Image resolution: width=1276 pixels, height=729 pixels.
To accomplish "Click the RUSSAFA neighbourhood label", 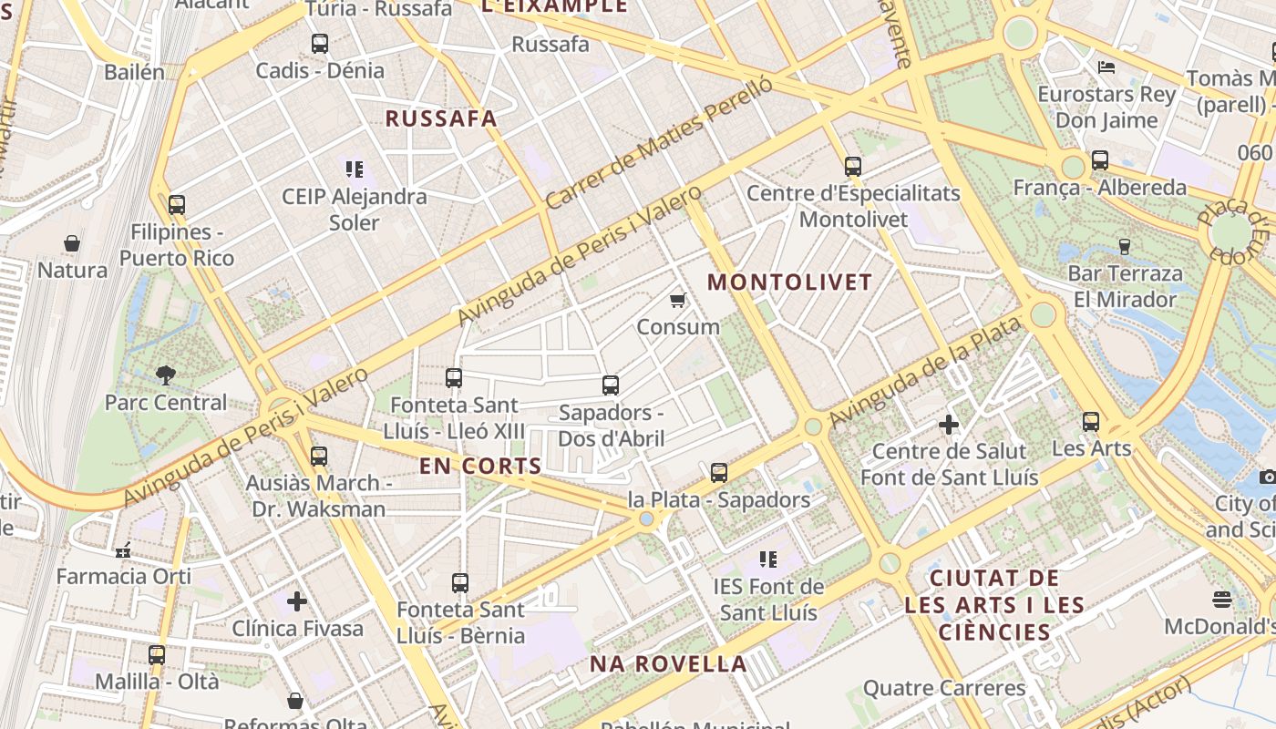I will point(441,118).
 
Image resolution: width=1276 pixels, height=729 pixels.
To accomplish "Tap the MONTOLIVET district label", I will point(790,282).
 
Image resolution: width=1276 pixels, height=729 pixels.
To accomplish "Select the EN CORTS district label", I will point(480,467).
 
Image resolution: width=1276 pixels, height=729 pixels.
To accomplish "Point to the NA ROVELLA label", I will point(668,663).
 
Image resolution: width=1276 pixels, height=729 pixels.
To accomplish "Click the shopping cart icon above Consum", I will point(677,300).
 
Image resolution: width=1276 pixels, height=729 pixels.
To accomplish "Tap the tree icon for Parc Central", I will point(165,374).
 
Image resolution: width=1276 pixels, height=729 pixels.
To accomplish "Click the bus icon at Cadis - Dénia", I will point(319,43).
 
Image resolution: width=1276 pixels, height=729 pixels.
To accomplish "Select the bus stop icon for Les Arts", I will point(1091,421).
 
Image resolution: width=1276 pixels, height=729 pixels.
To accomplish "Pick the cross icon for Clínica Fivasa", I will point(297,601).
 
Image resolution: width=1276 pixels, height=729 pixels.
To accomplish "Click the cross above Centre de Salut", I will point(949,425).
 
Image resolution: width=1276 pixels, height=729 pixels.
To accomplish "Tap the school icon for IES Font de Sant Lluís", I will point(768,559).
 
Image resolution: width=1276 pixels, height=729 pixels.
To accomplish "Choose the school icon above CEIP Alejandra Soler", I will point(355,169).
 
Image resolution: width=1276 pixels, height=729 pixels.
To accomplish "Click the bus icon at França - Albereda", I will point(1100,160).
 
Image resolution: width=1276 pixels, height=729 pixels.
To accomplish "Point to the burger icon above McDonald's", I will point(1222,599).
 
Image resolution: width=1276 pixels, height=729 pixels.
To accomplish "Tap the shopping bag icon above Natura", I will point(72,243).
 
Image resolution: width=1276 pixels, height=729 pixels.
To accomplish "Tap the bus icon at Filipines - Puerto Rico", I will point(177,204).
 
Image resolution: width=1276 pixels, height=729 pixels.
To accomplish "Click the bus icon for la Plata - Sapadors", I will point(719,472).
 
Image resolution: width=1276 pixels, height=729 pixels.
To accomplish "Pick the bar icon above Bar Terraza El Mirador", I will point(1124,246).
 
